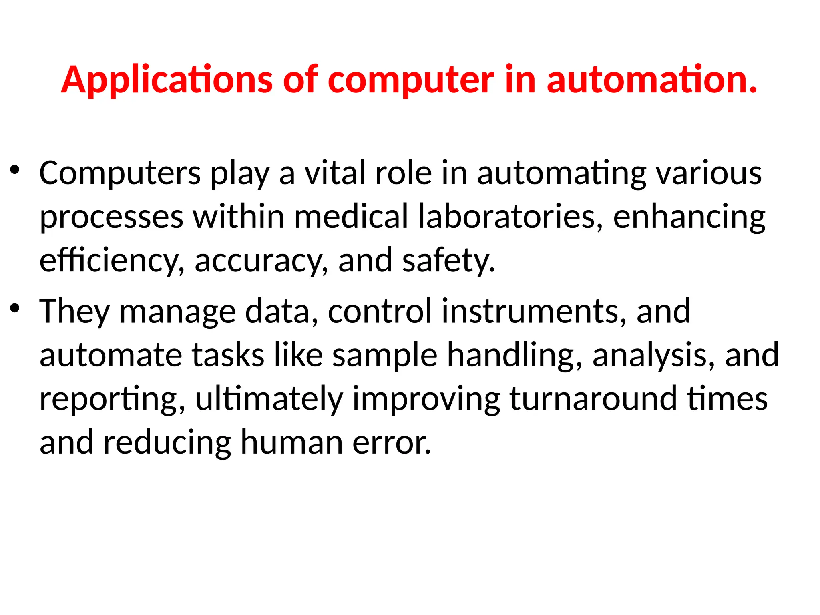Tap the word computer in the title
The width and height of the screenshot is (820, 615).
pos(410,80)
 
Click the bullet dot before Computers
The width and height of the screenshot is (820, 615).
pos(15,170)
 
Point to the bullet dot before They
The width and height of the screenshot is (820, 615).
pos(15,309)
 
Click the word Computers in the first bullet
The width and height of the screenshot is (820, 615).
pos(120,173)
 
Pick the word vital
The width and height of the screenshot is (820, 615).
pos(335,173)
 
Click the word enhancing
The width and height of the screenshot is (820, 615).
pos(689,217)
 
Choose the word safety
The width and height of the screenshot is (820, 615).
pos(448,261)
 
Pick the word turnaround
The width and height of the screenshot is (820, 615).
pos(593,399)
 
